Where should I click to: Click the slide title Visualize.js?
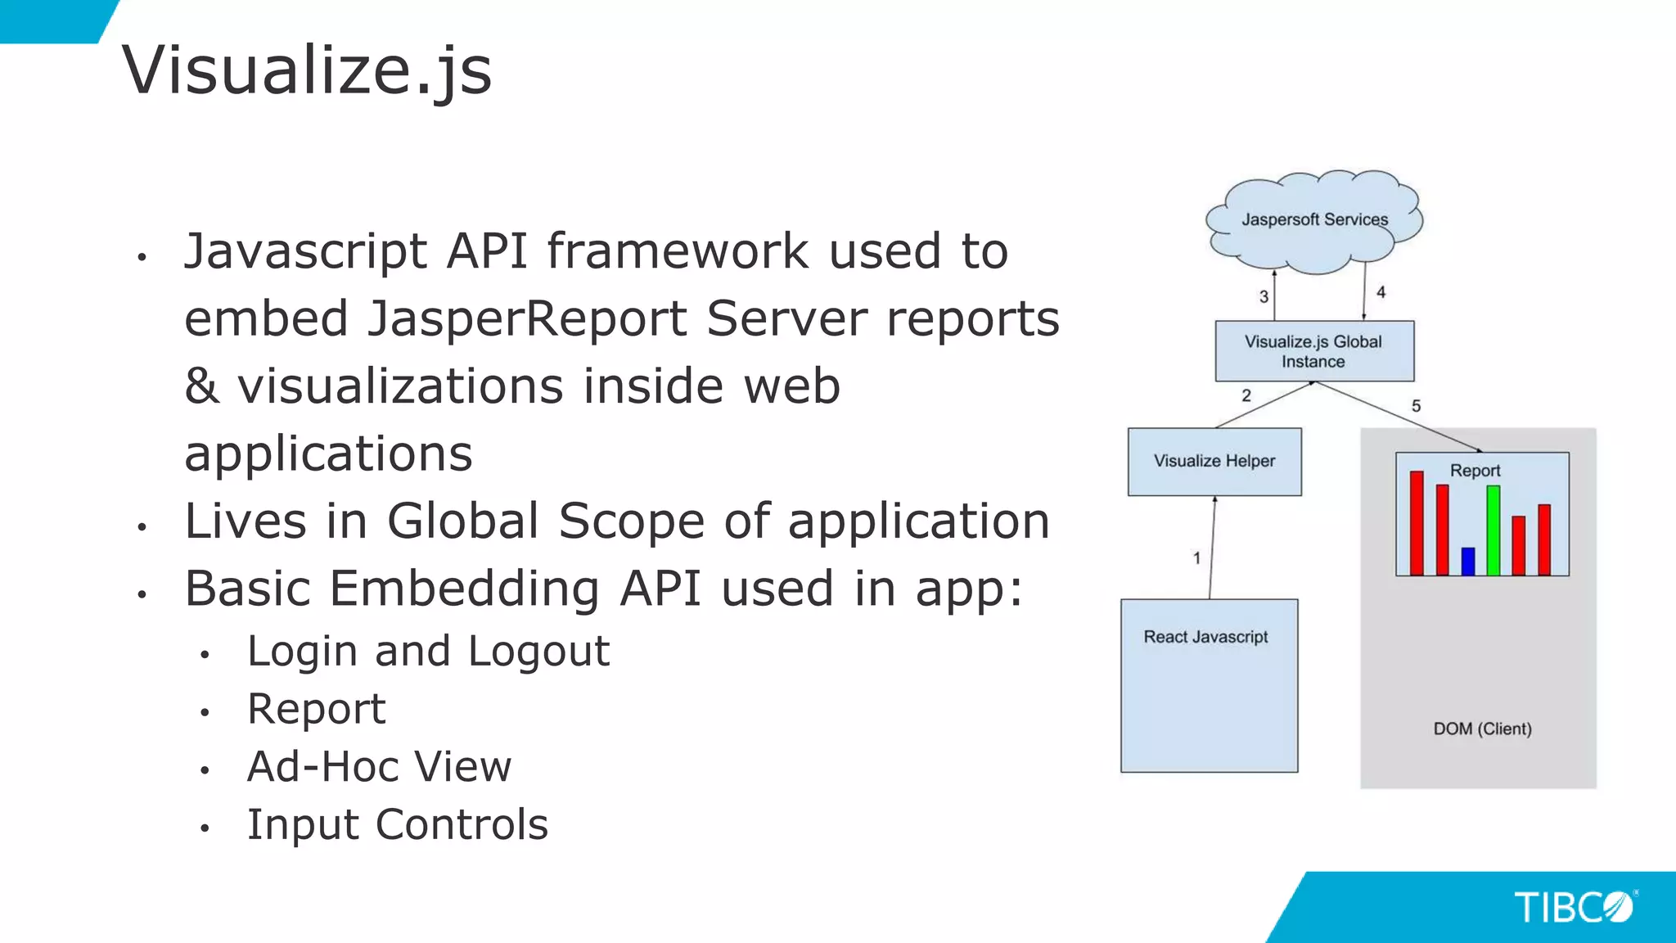[x=307, y=70]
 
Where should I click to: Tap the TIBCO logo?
[x=1573, y=907]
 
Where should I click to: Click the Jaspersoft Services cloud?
[x=1314, y=220]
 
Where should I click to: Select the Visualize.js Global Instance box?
[x=1313, y=351]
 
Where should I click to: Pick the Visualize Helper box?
[x=1214, y=461]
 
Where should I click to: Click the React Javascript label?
[x=1205, y=637]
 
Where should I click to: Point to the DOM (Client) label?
[x=1482, y=729]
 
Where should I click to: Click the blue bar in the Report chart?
[x=1468, y=561]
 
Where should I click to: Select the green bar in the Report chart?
[x=1494, y=530]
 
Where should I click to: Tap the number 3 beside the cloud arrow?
[x=1264, y=296]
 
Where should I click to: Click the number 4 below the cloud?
[x=1381, y=292]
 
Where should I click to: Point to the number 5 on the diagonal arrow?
[x=1417, y=406]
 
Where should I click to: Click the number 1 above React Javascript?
[x=1196, y=558]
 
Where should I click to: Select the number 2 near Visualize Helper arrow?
[x=1246, y=395]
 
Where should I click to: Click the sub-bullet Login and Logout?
[x=428, y=652]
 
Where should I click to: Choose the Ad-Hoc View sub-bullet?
[x=379, y=767]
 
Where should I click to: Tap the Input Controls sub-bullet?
[x=398, y=824]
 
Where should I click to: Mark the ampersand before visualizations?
[x=201, y=386]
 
